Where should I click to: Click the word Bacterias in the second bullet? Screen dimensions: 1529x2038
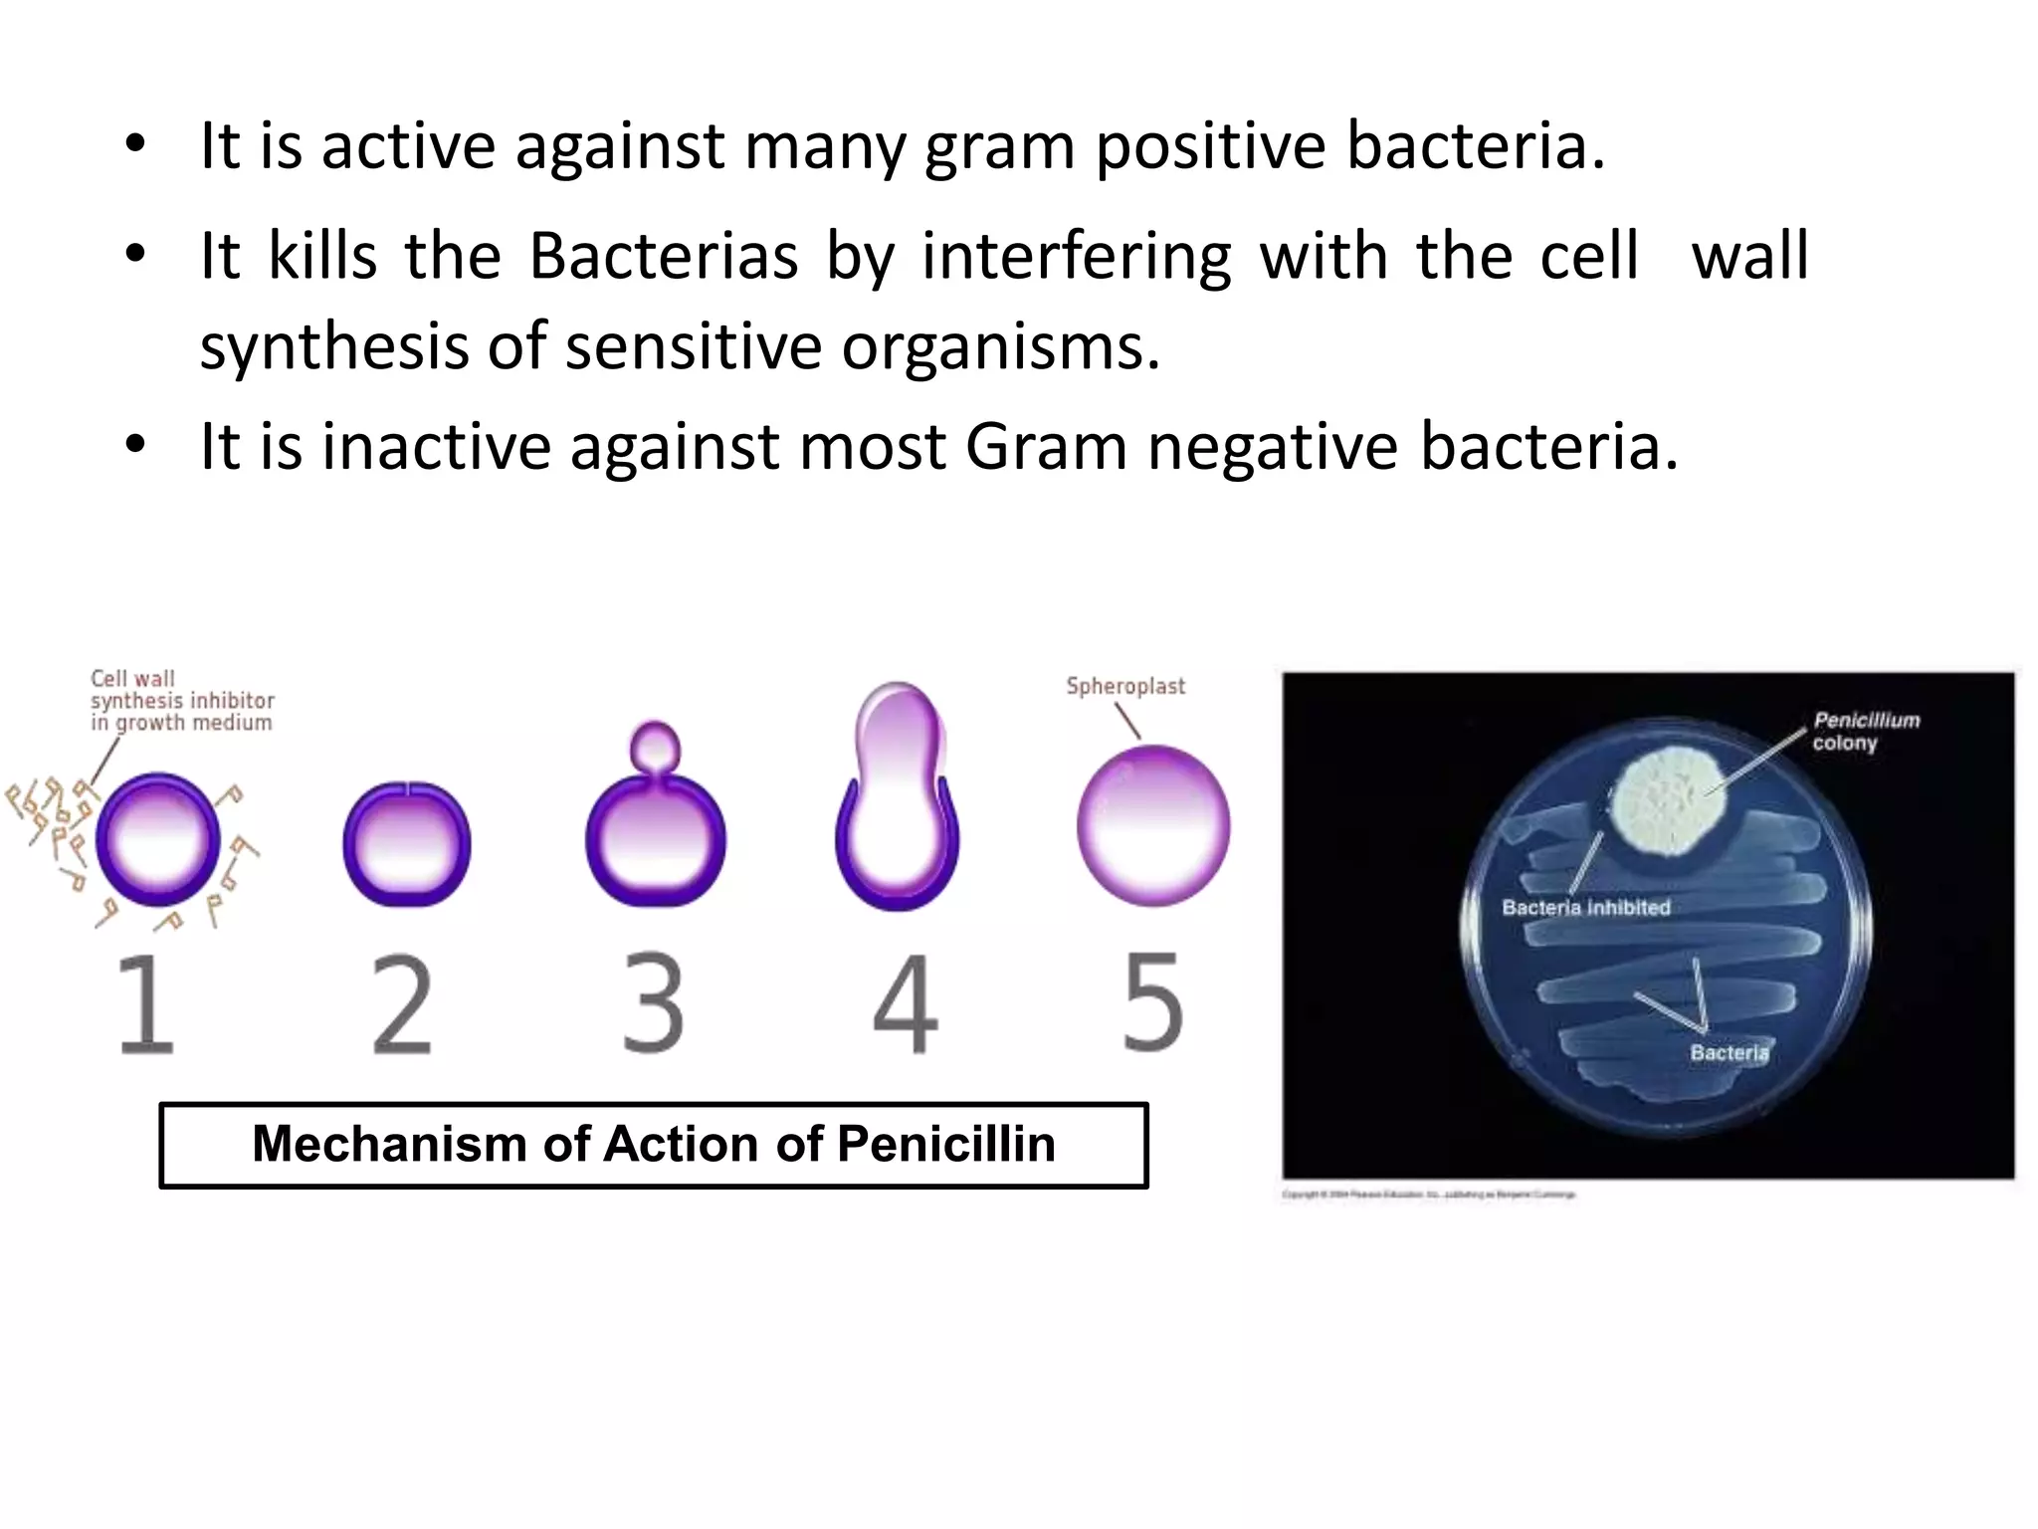click(663, 257)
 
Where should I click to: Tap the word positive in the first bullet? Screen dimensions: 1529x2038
click(1210, 147)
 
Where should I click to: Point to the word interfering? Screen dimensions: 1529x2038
click(1076, 257)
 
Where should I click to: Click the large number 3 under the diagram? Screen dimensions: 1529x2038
click(654, 1003)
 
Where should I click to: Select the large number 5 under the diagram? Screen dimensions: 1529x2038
click(1152, 1003)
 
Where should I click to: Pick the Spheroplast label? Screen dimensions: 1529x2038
click(1125, 686)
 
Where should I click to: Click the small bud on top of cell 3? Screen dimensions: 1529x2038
click(656, 746)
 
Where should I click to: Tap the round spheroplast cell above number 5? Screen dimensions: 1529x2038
click(1153, 825)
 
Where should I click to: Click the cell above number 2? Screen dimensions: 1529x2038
click(406, 844)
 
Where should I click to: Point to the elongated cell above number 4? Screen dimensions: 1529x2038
click(898, 796)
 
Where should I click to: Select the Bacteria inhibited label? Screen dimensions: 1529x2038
click(1586, 908)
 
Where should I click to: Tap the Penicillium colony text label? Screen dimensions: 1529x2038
click(1865, 731)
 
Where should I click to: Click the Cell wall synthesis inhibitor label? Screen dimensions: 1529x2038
click(182, 701)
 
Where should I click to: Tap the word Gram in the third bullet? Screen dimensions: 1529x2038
click(1045, 447)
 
